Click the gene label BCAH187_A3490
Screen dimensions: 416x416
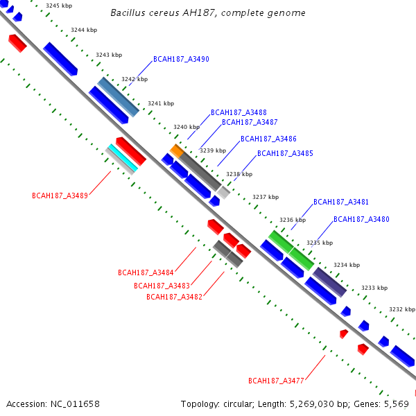(x=181, y=60)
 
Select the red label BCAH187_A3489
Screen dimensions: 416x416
(x=60, y=196)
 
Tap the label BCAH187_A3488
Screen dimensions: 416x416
(x=239, y=112)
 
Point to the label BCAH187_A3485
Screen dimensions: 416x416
(x=285, y=153)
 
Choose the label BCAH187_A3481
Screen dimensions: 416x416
(x=341, y=202)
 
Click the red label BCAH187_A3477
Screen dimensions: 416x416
(x=276, y=381)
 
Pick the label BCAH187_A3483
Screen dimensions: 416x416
(x=162, y=286)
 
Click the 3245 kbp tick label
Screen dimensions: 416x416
(x=58, y=6)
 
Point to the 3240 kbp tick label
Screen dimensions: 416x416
(x=186, y=127)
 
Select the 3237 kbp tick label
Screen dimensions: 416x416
(x=265, y=197)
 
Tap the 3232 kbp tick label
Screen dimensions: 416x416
(x=401, y=309)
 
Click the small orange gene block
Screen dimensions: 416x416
(x=177, y=150)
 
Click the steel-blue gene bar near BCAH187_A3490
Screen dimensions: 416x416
(x=118, y=96)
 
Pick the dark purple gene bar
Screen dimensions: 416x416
(x=329, y=282)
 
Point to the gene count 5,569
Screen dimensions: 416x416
(x=396, y=404)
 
